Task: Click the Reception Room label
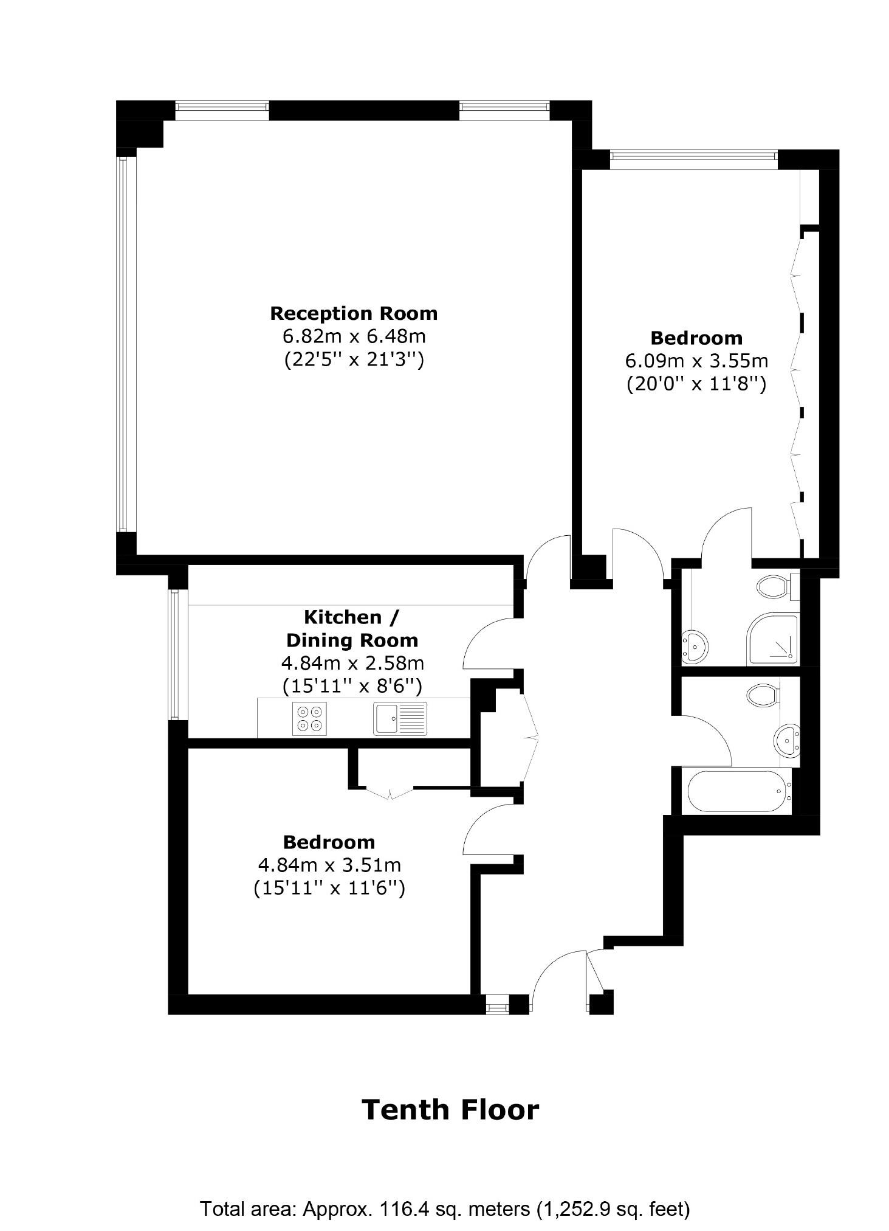tap(353, 313)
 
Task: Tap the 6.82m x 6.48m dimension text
tap(353, 336)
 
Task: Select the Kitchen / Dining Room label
tap(352, 628)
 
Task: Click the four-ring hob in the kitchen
tap(309, 718)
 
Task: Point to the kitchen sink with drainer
tap(400, 718)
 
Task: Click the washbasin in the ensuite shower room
tap(694, 646)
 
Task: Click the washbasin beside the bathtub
tap(788, 740)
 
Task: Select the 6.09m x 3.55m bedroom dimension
tap(696, 361)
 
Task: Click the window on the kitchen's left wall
tap(174, 655)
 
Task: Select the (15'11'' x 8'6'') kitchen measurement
tap(352, 686)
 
